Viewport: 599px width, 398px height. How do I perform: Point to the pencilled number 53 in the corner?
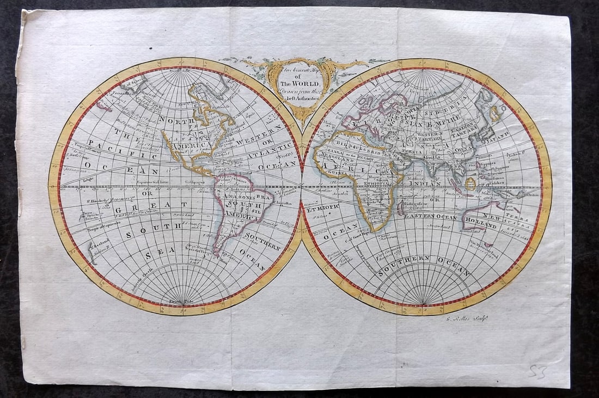pyautogui.click(x=538, y=372)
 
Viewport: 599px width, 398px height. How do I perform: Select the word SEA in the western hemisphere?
pyautogui.click(x=155, y=254)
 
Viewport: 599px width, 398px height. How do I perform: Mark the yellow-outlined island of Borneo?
pyautogui.click(x=470, y=183)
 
